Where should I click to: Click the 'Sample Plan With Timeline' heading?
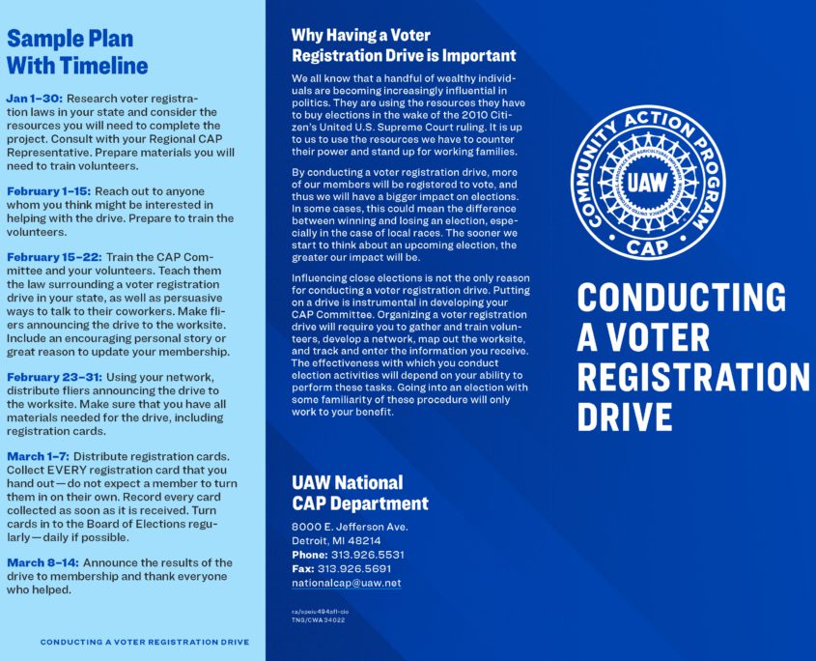point(77,52)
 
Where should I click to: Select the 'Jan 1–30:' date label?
point(34,99)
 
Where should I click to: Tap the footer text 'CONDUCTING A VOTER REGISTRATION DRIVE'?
point(144,642)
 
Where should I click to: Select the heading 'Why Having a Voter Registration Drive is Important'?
point(403,45)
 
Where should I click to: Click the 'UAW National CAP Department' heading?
point(359,492)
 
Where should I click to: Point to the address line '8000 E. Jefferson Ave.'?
point(350,527)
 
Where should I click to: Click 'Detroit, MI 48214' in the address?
point(336,541)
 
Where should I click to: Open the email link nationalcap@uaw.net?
point(346,584)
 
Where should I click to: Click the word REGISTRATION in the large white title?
point(693,376)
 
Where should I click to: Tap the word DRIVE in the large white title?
point(625,416)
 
